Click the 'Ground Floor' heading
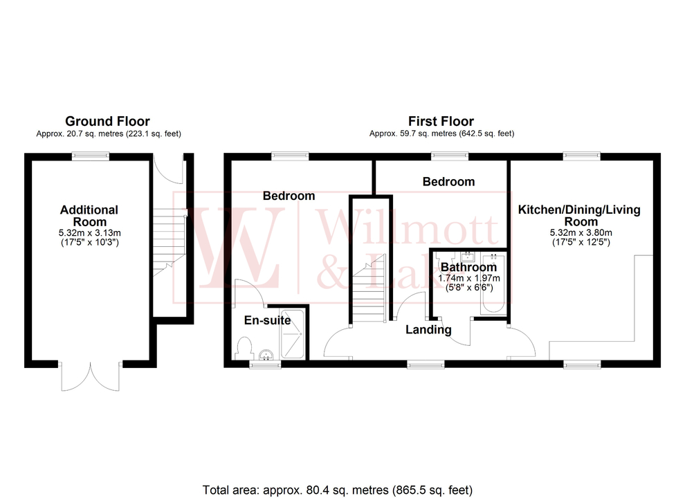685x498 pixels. coord(107,122)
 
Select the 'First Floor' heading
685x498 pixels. coord(441,122)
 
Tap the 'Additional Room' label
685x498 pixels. coord(89,215)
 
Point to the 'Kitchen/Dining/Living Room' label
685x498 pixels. coord(580,215)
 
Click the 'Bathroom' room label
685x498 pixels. coord(468,267)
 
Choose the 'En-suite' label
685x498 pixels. coord(267,320)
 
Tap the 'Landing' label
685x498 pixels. coord(428,330)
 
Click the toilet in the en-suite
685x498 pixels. coord(244,345)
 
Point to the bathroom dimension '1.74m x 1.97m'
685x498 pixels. coord(469,278)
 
